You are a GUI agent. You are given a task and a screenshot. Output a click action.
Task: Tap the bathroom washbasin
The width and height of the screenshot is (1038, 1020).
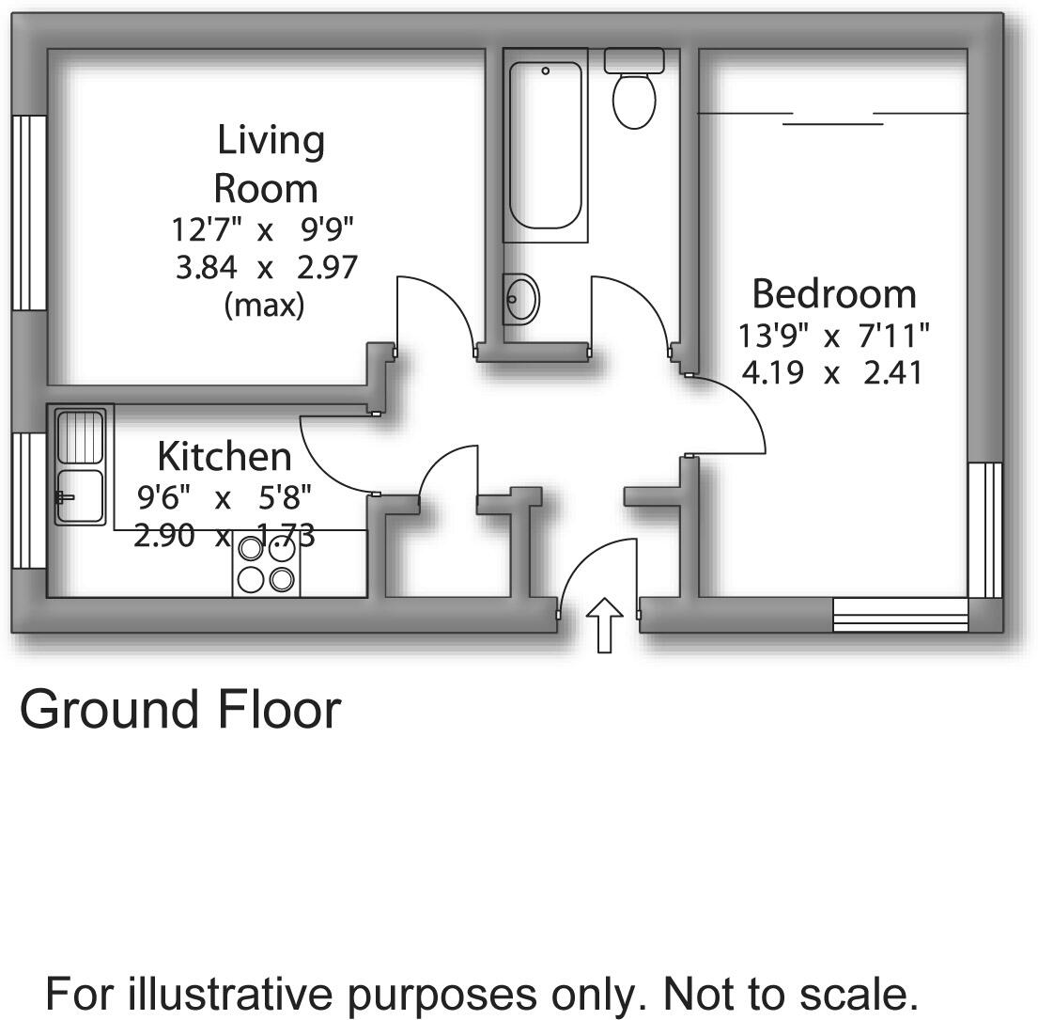pyautogui.click(x=521, y=299)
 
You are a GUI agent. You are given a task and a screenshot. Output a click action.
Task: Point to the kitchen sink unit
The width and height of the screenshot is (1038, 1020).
pyautogui.click(x=80, y=465)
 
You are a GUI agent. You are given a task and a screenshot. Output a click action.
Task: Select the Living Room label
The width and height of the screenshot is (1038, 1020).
pyautogui.click(x=269, y=164)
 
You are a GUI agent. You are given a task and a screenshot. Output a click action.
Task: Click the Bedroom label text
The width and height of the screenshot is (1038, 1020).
pyautogui.click(x=833, y=294)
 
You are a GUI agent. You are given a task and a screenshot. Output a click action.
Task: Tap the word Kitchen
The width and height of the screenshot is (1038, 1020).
pyautogui.click(x=225, y=457)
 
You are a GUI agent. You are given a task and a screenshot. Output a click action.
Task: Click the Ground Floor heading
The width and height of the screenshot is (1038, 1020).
pyautogui.click(x=180, y=710)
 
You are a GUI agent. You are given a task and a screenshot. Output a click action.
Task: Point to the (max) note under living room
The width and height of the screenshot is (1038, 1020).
pyautogui.click(x=265, y=306)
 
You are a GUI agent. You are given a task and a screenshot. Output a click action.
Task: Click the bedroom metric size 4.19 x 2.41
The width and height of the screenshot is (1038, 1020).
pyautogui.click(x=832, y=374)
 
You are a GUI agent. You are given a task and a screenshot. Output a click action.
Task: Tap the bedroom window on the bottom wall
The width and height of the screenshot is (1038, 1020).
pyautogui.click(x=900, y=615)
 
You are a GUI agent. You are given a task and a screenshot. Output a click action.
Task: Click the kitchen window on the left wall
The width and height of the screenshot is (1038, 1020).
pyautogui.click(x=30, y=500)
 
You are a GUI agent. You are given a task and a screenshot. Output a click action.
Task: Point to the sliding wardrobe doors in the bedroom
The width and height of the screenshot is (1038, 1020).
pyautogui.click(x=833, y=118)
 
